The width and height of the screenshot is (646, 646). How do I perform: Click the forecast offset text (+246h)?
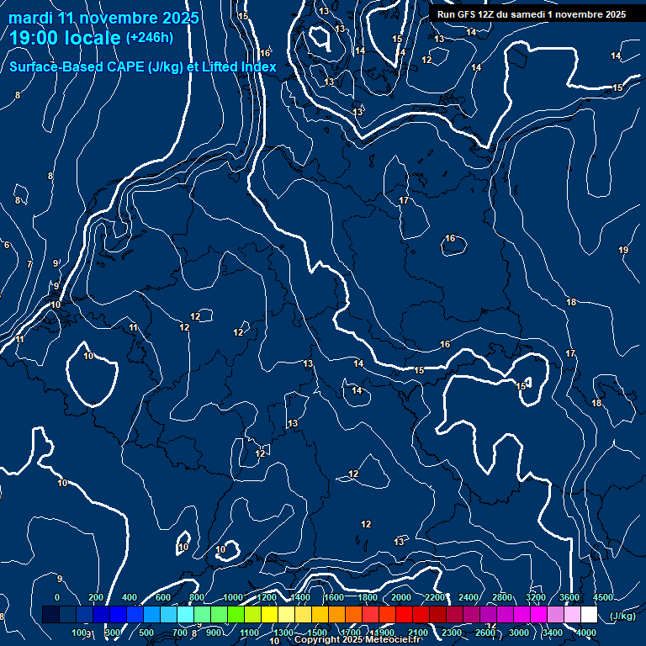(x=149, y=37)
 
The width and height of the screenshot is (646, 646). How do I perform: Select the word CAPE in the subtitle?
(x=105, y=66)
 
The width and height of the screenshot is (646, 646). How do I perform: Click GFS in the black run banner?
(x=471, y=14)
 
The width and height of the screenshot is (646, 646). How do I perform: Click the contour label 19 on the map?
(x=623, y=250)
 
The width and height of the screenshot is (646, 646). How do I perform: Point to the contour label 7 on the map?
(x=29, y=264)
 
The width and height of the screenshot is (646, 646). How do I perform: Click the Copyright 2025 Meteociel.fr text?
(x=357, y=640)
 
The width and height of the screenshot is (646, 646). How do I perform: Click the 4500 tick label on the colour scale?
(x=603, y=597)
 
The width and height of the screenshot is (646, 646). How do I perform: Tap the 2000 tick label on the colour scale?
(x=401, y=597)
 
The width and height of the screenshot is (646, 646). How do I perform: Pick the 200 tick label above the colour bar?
(x=96, y=597)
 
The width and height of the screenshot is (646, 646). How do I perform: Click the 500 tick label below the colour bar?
(x=146, y=633)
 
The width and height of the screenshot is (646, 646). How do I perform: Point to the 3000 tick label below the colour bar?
(x=519, y=633)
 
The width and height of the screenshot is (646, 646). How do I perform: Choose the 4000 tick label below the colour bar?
(x=586, y=633)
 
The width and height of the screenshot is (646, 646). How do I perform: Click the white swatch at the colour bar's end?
(x=589, y=615)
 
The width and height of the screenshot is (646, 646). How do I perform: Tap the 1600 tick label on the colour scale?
(x=334, y=597)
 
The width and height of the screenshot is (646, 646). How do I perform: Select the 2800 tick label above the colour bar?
(x=502, y=597)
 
